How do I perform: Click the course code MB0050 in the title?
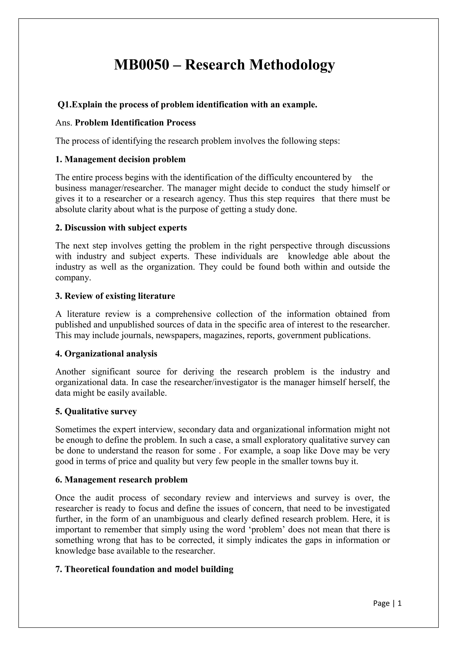141,65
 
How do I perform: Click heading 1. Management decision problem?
120,159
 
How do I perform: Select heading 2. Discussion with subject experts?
121,228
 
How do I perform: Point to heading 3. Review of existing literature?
115,296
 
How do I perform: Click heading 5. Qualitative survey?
96,411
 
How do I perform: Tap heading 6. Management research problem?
121,480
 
